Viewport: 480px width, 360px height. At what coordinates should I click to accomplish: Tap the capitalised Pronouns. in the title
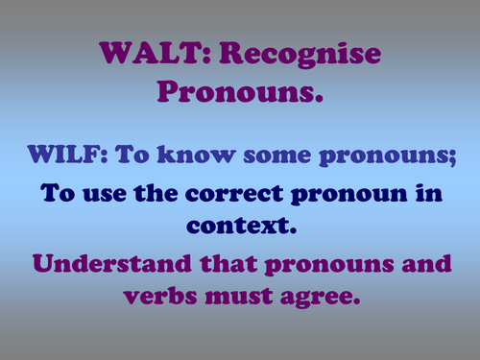239,94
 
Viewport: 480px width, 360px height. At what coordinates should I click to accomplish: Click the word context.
239,229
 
